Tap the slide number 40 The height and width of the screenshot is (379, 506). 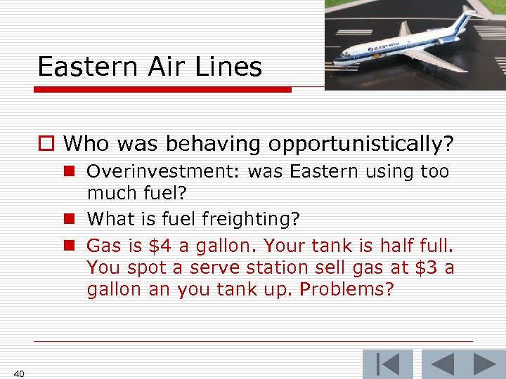(x=19, y=373)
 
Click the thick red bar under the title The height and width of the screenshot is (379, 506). (x=162, y=90)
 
